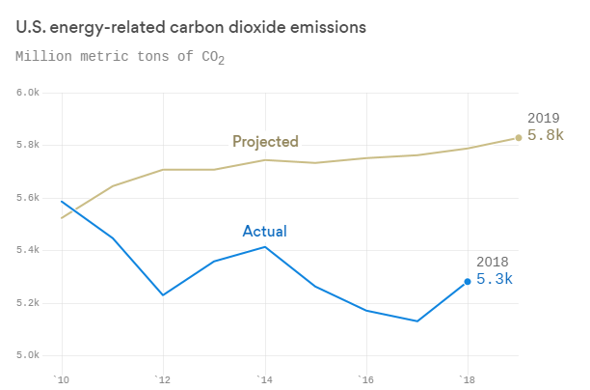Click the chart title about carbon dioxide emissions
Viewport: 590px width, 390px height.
click(x=191, y=27)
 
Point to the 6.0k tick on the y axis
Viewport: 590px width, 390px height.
click(x=27, y=93)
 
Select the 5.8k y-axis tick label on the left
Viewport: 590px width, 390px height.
click(x=27, y=145)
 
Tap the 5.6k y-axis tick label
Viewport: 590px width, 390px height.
click(x=27, y=198)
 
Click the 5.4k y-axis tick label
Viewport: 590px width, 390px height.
click(x=27, y=250)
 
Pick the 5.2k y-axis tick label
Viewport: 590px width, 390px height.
click(x=27, y=303)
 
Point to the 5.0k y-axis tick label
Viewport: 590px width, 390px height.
click(x=27, y=355)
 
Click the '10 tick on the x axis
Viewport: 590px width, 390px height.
click(x=62, y=378)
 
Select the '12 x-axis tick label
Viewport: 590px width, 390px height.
click(x=163, y=378)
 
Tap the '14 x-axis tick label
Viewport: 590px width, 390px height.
click(x=264, y=378)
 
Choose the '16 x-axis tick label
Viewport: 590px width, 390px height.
click(x=365, y=378)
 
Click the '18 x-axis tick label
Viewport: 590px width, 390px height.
click(x=467, y=378)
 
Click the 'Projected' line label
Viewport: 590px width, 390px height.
click(x=265, y=142)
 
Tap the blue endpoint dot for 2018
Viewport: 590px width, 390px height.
click(x=468, y=282)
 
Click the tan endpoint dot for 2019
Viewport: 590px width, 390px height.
click(x=519, y=137)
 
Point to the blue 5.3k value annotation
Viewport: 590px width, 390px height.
click(x=495, y=279)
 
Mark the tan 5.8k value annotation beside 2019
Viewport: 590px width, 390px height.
click(x=545, y=135)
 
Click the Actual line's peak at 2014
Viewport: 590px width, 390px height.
click(x=265, y=247)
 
